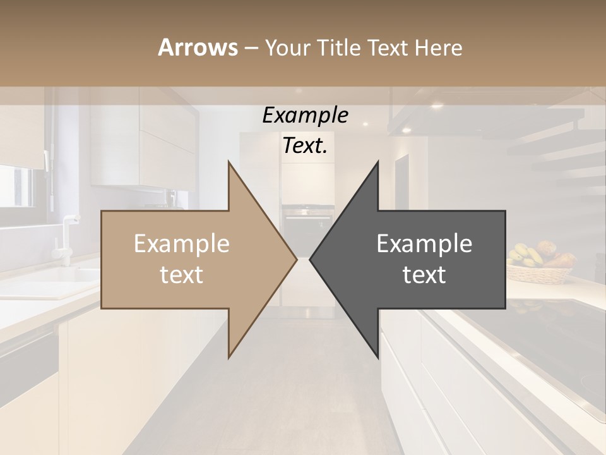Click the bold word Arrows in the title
pos(198,47)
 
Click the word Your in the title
pos(286,48)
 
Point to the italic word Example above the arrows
pos(305,115)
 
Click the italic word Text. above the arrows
pos(305,146)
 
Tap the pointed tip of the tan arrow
pos(295,259)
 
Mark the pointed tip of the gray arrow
pos(312,259)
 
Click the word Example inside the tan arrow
pos(182,244)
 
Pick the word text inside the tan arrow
pos(182,275)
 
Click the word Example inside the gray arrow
pos(424,244)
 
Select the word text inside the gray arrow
pos(424,275)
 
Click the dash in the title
pos(251,48)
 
